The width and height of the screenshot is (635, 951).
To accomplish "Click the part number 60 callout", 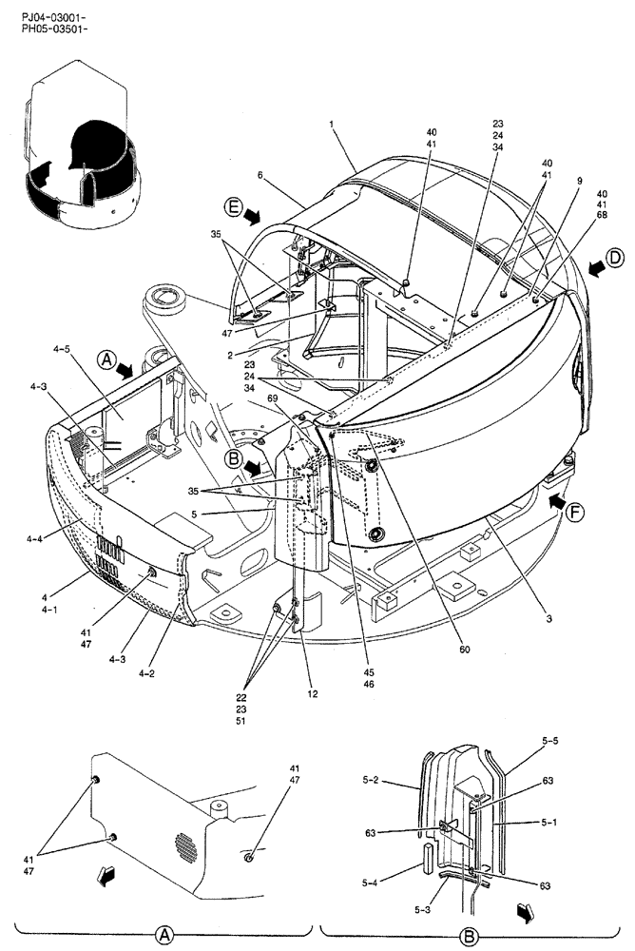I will [x=463, y=650].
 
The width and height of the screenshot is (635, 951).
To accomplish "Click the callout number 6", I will [x=259, y=175].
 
